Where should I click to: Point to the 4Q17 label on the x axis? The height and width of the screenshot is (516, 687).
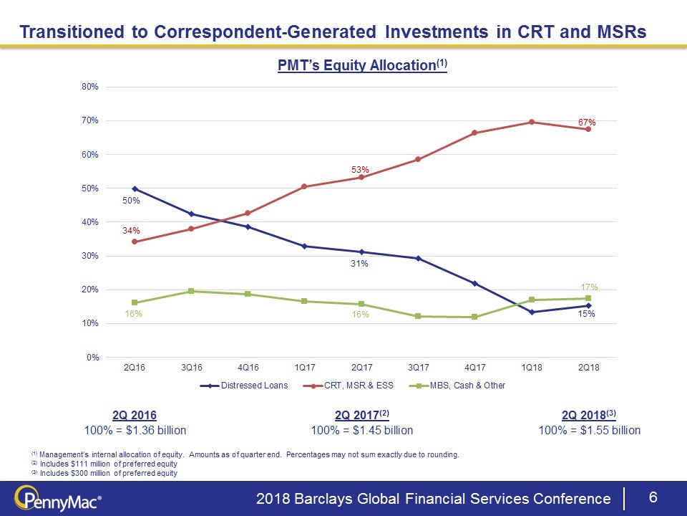474,368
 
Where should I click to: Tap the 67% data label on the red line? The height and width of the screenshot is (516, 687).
588,123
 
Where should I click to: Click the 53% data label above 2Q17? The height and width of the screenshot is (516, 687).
360,170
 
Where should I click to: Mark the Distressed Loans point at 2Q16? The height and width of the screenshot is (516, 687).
135,188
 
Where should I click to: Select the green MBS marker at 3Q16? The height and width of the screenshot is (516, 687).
191,291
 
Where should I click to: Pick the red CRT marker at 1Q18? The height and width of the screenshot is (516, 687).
532,122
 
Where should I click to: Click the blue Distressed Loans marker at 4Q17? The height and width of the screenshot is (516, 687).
475,283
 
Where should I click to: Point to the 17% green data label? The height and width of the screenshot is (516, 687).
589,287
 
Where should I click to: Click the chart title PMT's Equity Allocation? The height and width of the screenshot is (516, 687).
362,65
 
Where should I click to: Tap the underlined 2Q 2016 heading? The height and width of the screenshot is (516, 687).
135,416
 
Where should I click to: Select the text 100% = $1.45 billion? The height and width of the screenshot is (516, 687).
362,431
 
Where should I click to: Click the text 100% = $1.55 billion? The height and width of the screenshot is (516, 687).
590,431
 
